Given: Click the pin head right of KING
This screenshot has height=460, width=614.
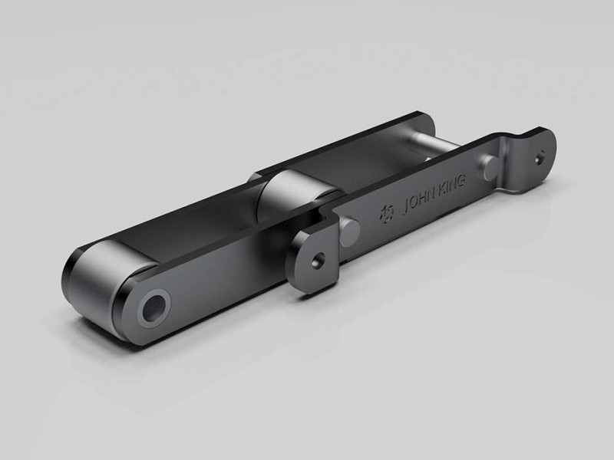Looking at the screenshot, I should pos(489,163).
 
